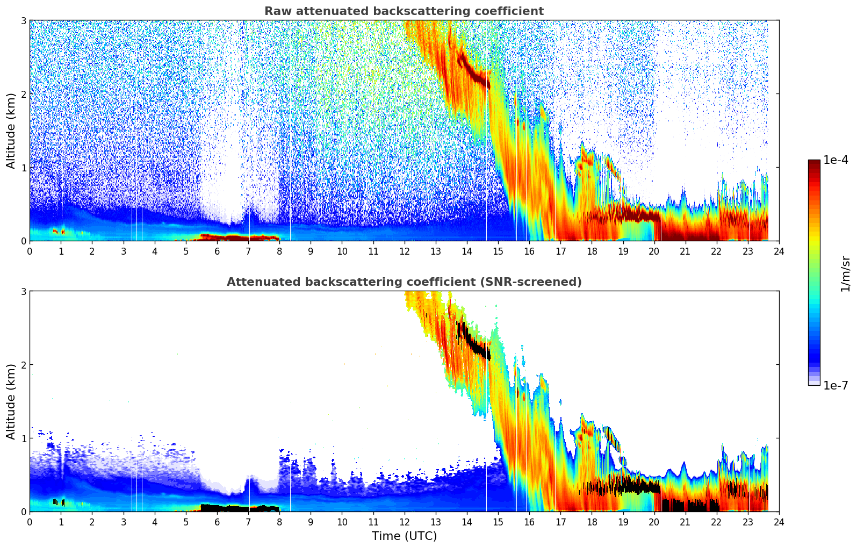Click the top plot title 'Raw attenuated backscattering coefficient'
pos(404,11)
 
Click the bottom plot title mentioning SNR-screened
pos(404,282)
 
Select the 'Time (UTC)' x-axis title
pos(404,536)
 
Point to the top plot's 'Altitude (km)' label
pos(11,131)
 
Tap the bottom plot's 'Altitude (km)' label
pos(11,401)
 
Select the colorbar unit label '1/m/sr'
pos(845,274)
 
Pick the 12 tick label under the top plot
pos(404,251)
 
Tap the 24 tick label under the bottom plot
pos(779,522)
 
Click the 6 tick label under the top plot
pos(217,251)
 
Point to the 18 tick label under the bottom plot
pos(592,522)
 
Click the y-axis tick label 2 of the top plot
pos(23,94)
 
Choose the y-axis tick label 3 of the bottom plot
pos(23,291)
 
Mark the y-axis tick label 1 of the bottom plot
pos(23,438)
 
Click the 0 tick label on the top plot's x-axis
pos(30,251)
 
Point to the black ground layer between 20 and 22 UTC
pos(688,506)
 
